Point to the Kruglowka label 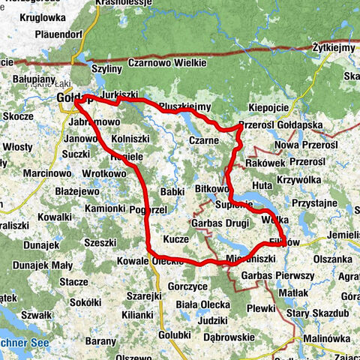pyautogui.click(x=43, y=16)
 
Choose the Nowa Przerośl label pyautogui.click(x=307, y=144)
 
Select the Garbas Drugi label pyautogui.click(x=220, y=223)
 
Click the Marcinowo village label pyautogui.click(x=27, y=172)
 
